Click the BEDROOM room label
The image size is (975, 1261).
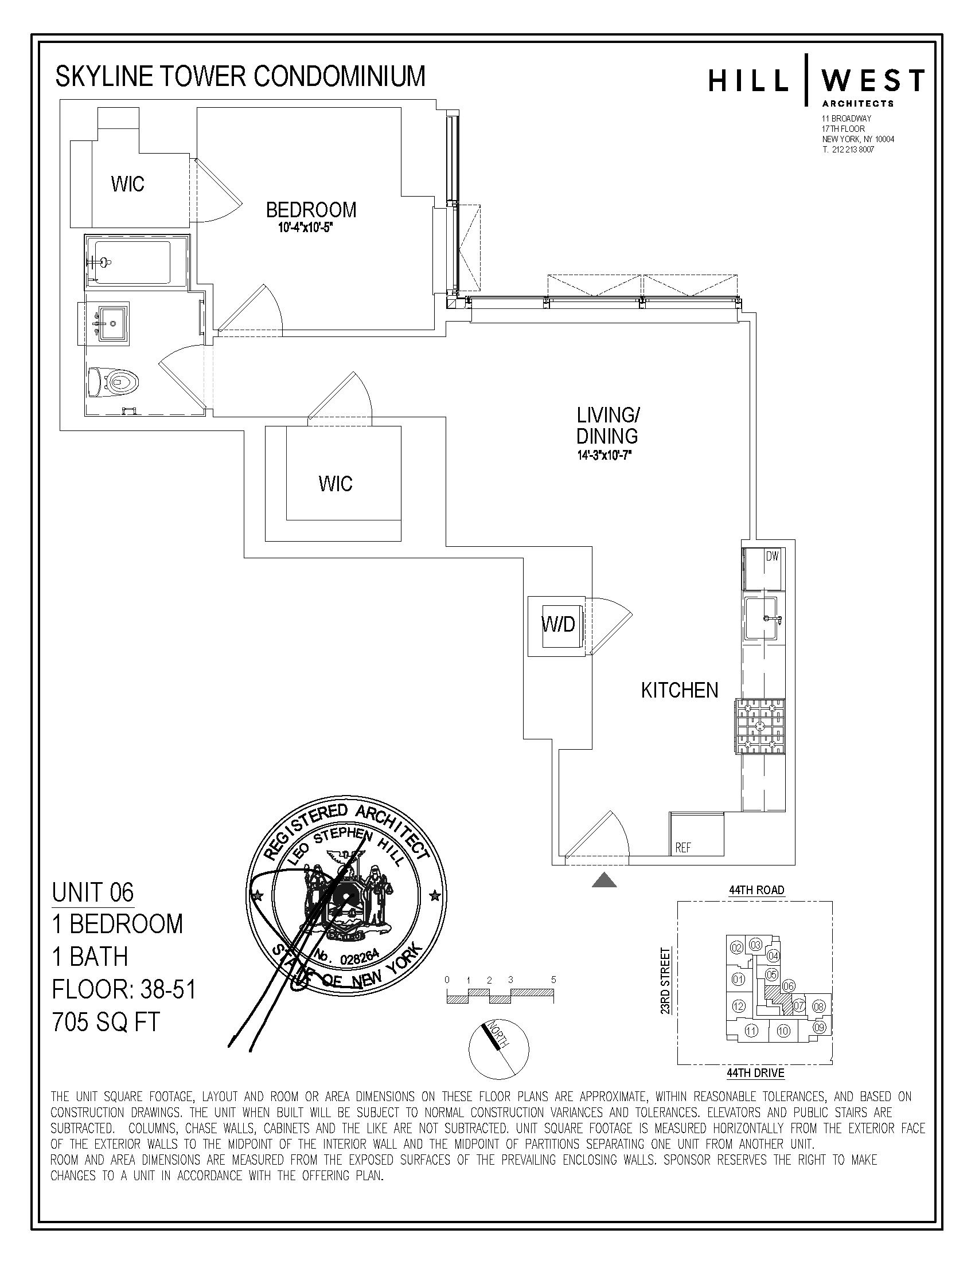point(311,210)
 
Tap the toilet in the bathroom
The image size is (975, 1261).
point(119,382)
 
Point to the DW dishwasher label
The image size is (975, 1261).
point(773,557)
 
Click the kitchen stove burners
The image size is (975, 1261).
point(760,726)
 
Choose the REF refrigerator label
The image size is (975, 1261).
point(683,848)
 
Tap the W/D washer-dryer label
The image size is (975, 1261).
point(558,624)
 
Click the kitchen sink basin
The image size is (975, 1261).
point(761,618)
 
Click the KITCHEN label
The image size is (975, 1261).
point(679,691)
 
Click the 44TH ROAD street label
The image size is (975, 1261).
point(756,890)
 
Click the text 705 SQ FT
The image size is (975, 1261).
point(106,1023)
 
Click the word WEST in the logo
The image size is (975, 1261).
point(873,81)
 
